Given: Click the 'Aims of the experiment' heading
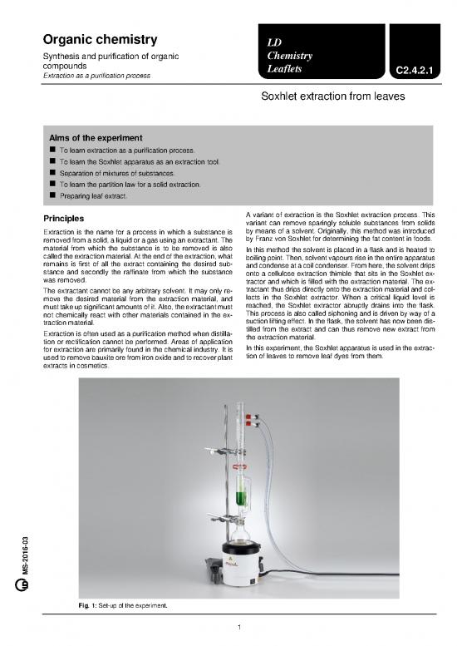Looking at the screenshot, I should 96,137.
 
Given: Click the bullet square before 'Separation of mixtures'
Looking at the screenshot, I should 52,172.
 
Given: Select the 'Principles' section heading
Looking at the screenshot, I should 66,219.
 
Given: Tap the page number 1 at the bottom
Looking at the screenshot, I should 238,626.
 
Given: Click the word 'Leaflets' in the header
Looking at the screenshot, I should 283,72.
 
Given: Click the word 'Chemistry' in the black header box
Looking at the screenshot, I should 287,56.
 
